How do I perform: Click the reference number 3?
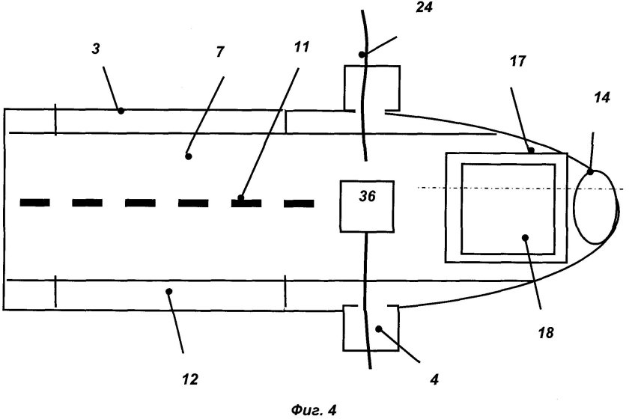coord(96,49)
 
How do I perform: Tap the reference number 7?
coord(220,52)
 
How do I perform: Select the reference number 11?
coord(302,47)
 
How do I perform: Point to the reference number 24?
coord(424,7)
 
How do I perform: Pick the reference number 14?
coord(602,97)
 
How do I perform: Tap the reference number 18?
coord(546,332)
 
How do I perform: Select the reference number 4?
coord(434,379)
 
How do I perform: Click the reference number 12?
coord(190,379)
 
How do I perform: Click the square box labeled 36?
coord(367,206)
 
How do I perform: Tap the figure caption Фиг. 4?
coord(314,410)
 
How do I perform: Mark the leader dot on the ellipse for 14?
coord(590,172)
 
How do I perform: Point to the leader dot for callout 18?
coord(525,237)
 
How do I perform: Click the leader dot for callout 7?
coord(188,156)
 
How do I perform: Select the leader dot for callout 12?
coord(169,292)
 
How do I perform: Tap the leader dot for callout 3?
coord(121,111)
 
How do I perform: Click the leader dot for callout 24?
coord(362,55)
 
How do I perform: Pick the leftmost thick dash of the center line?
coord(35,203)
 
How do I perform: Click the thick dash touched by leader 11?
coord(246,203)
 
